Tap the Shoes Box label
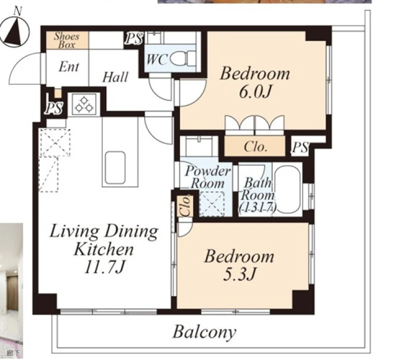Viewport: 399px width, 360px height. click(x=67, y=40)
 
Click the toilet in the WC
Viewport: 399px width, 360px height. click(x=183, y=59)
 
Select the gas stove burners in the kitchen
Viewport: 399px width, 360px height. click(x=84, y=104)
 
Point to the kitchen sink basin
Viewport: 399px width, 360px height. click(x=115, y=168)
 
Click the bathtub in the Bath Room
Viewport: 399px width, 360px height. click(x=288, y=189)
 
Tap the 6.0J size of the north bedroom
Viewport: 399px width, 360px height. click(x=255, y=92)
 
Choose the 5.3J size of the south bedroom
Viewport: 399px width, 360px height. click(x=239, y=275)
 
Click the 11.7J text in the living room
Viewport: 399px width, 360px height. click(x=105, y=267)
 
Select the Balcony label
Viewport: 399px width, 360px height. click(x=204, y=332)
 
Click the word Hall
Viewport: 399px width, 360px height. click(x=115, y=77)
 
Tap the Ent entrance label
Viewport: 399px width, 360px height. click(x=69, y=67)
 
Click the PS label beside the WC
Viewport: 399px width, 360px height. click(x=134, y=38)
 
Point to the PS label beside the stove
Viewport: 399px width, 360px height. click(x=54, y=108)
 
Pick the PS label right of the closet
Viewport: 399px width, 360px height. click(x=300, y=147)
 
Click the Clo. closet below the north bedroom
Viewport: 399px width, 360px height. click(x=255, y=146)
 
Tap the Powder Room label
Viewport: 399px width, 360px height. click(x=207, y=177)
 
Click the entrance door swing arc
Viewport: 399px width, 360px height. click(x=24, y=68)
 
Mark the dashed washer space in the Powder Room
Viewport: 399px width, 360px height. click(x=212, y=204)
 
